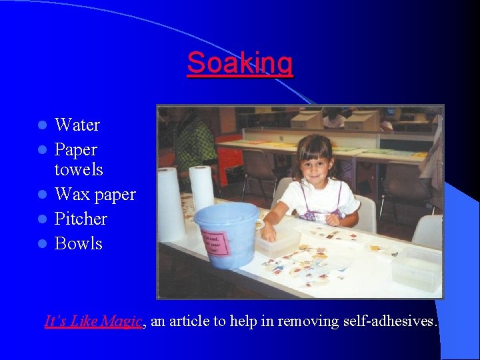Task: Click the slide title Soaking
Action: click(x=239, y=63)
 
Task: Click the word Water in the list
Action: click(x=77, y=125)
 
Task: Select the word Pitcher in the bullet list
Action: click(x=81, y=219)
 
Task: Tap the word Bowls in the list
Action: click(x=78, y=243)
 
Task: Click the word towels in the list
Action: click(x=79, y=169)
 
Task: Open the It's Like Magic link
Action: click(x=93, y=321)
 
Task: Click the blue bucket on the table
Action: click(x=227, y=233)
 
